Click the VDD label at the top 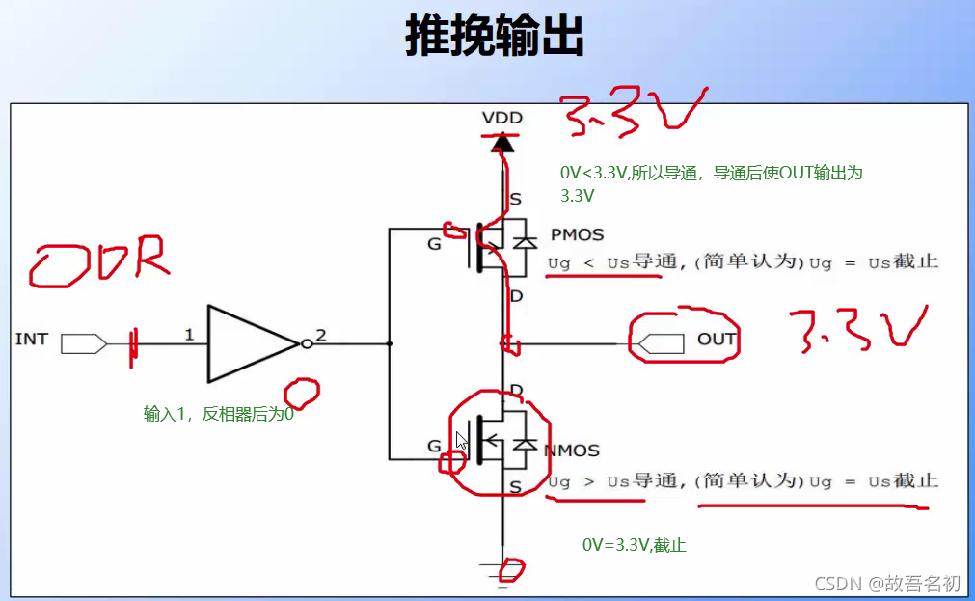tap(501, 118)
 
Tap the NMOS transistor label tap(572, 451)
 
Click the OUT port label tap(717, 340)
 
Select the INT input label tap(32, 340)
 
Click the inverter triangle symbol tap(249, 343)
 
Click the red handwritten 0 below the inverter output tap(302, 391)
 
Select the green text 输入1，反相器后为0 tap(218, 415)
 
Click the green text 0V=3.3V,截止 tap(634, 545)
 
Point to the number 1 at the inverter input tap(189, 335)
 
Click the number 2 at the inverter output tap(321, 336)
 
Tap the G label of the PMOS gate tap(434, 244)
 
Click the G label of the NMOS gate tap(434, 446)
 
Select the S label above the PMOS tap(516, 200)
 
